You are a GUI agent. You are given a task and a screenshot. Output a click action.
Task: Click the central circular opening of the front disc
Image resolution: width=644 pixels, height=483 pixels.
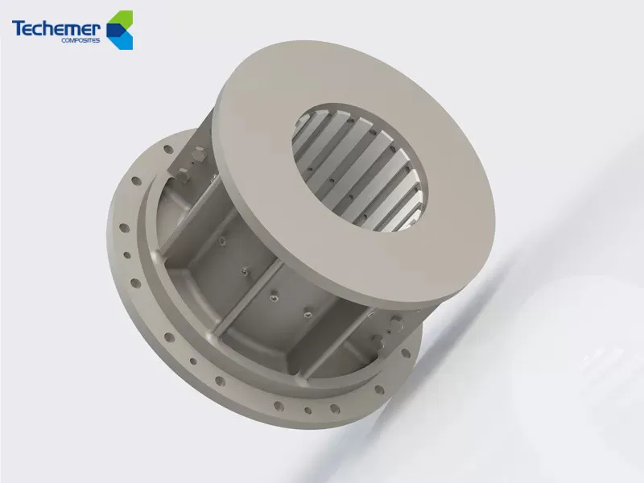click(358, 164)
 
